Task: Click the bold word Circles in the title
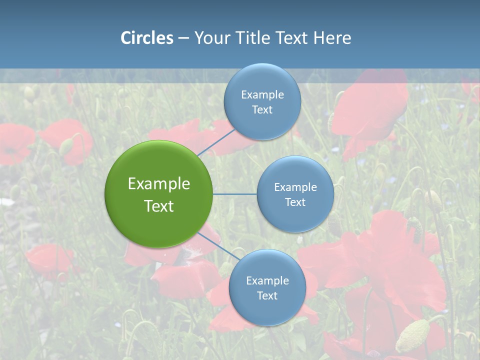tap(147, 38)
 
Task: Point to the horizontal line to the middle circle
tap(235, 194)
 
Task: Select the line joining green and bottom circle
tap(217, 246)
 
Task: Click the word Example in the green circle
tap(159, 184)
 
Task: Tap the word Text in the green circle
tap(159, 206)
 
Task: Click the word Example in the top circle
tap(262, 95)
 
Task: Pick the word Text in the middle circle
tap(295, 202)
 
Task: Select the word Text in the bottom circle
tap(267, 295)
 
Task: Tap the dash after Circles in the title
tap(183, 38)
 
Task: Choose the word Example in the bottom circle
tap(267, 280)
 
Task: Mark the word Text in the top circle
tap(262, 109)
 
